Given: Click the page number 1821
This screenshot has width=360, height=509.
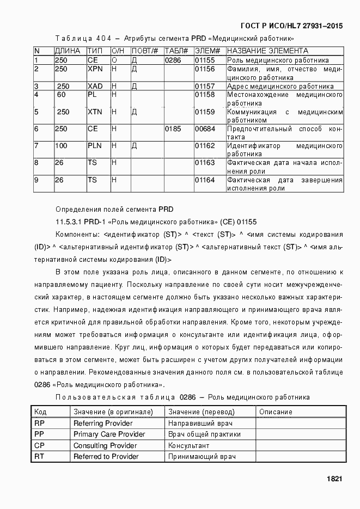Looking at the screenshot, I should pos(334,479).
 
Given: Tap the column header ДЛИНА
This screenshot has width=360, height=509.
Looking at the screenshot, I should pos(68,51).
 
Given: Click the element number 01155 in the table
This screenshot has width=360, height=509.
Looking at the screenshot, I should pos(205,60).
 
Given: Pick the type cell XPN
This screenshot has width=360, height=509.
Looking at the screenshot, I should pos(95,69).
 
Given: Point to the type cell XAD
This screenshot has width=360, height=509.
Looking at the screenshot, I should pos(95,86).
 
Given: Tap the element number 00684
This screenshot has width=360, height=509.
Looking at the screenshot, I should pos(205,129).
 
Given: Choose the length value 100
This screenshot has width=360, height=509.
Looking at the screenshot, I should pos(61,146).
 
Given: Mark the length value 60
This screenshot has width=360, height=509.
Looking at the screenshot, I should pos(61,95).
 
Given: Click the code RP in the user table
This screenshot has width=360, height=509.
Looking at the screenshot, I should pos(39,423).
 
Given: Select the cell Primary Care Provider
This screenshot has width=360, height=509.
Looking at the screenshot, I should pos(109,434).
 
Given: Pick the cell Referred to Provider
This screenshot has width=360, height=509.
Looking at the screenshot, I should pos(106,456).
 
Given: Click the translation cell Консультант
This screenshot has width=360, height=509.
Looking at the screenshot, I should pos(189,445).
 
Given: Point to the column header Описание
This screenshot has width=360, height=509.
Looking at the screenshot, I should pos(276,412).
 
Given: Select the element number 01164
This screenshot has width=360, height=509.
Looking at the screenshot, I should pos(205,180).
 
